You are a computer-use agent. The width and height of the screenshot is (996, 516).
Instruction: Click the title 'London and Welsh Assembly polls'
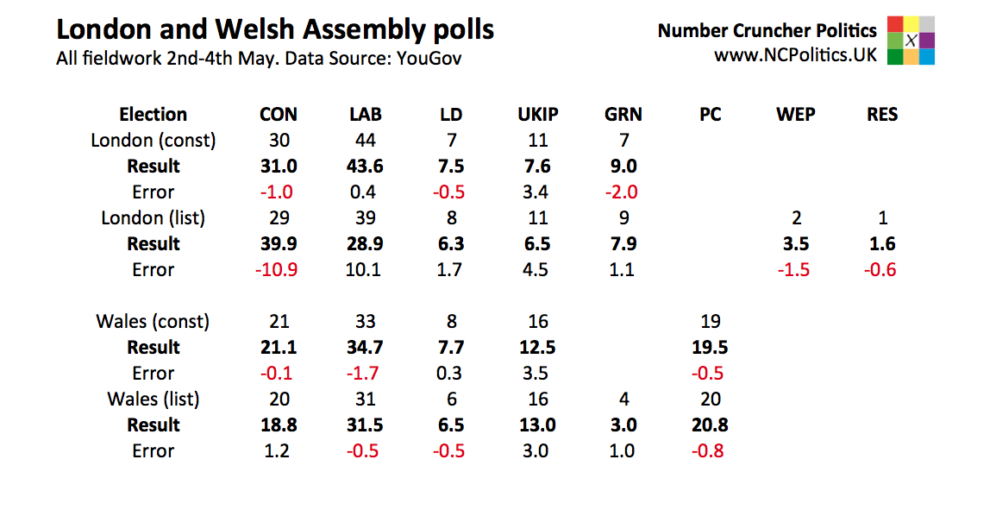(275, 30)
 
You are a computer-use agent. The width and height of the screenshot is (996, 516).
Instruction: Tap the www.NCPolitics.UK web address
(794, 55)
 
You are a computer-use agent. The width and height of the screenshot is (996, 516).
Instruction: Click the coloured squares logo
(911, 41)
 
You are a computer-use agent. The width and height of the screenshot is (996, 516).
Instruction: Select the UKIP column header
(537, 115)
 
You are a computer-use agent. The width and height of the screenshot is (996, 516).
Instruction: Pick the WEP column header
(795, 115)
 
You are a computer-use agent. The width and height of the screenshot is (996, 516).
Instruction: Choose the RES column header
(882, 115)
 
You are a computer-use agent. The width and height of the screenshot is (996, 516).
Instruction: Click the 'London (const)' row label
(153, 140)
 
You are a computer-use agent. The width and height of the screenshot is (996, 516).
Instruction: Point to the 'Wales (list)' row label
(153, 399)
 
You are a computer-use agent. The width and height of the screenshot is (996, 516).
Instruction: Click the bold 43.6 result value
(366, 166)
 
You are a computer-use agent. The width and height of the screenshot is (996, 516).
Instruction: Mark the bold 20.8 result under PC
(711, 425)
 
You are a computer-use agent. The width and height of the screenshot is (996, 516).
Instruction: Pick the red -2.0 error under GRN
(623, 192)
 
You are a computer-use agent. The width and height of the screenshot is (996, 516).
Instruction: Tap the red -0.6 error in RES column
(880, 269)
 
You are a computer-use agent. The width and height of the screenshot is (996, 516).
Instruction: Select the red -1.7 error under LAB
(364, 373)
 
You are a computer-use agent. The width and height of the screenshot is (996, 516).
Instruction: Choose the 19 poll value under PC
(711, 321)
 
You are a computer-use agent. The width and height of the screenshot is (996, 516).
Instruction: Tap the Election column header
(153, 115)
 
